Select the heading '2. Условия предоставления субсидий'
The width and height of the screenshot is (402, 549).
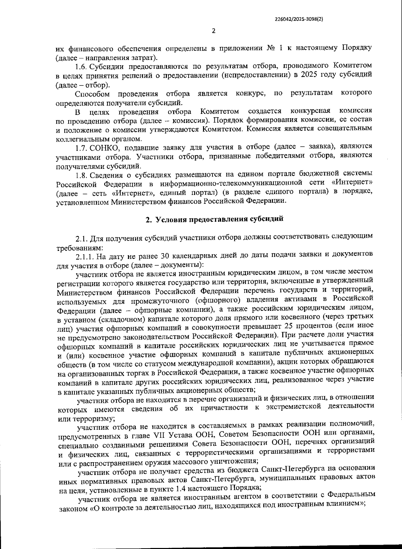point(214,219)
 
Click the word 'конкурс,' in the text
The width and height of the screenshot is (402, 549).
point(251,93)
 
